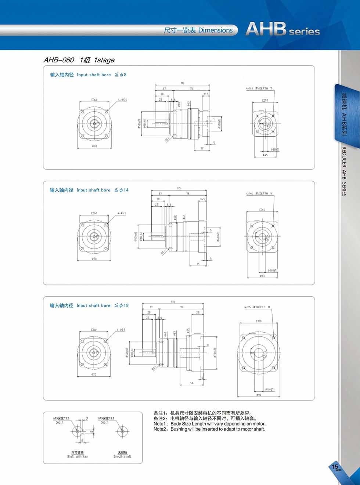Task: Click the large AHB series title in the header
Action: [282, 29]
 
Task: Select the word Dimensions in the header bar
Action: [215, 30]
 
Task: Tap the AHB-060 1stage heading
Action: [79, 60]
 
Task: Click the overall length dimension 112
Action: [182, 83]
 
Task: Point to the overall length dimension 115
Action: [179, 188]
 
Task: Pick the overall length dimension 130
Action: [173, 302]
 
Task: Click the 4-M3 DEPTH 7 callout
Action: [259, 88]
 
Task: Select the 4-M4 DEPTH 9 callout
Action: [259, 193]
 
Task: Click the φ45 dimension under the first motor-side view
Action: [265, 155]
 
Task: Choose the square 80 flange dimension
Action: [259, 321]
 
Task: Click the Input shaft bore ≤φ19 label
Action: [89, 305]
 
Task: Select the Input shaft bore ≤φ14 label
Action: [89, 190]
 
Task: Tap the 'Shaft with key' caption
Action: [78, 456]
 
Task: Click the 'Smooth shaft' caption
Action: [122, 456]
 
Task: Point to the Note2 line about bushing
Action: [209, 429]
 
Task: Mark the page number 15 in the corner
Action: [335, 467]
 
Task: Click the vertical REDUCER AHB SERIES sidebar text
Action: [344, 171]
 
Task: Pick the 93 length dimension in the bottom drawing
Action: [181, 307]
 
